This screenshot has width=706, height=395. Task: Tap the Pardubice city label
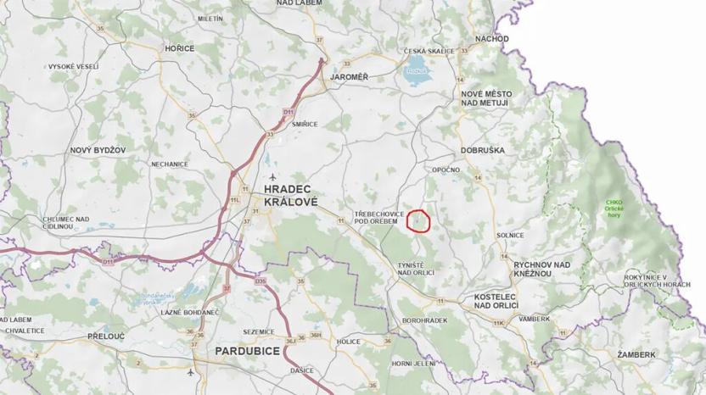click(248, 349)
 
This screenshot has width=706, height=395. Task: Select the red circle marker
click(419, 220)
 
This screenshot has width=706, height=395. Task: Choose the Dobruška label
click(483, 150)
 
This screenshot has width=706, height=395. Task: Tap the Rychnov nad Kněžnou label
click(541, 270)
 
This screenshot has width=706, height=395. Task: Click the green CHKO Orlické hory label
click(614, 207)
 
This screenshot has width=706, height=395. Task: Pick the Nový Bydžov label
click(98, 150)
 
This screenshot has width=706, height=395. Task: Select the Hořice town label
click(179, 49)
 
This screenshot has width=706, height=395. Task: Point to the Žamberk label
click(636, 353)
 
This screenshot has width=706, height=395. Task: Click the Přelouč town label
click(107, 337)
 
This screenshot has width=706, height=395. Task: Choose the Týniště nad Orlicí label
click(417, 270)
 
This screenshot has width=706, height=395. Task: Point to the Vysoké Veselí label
click(73, 66)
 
